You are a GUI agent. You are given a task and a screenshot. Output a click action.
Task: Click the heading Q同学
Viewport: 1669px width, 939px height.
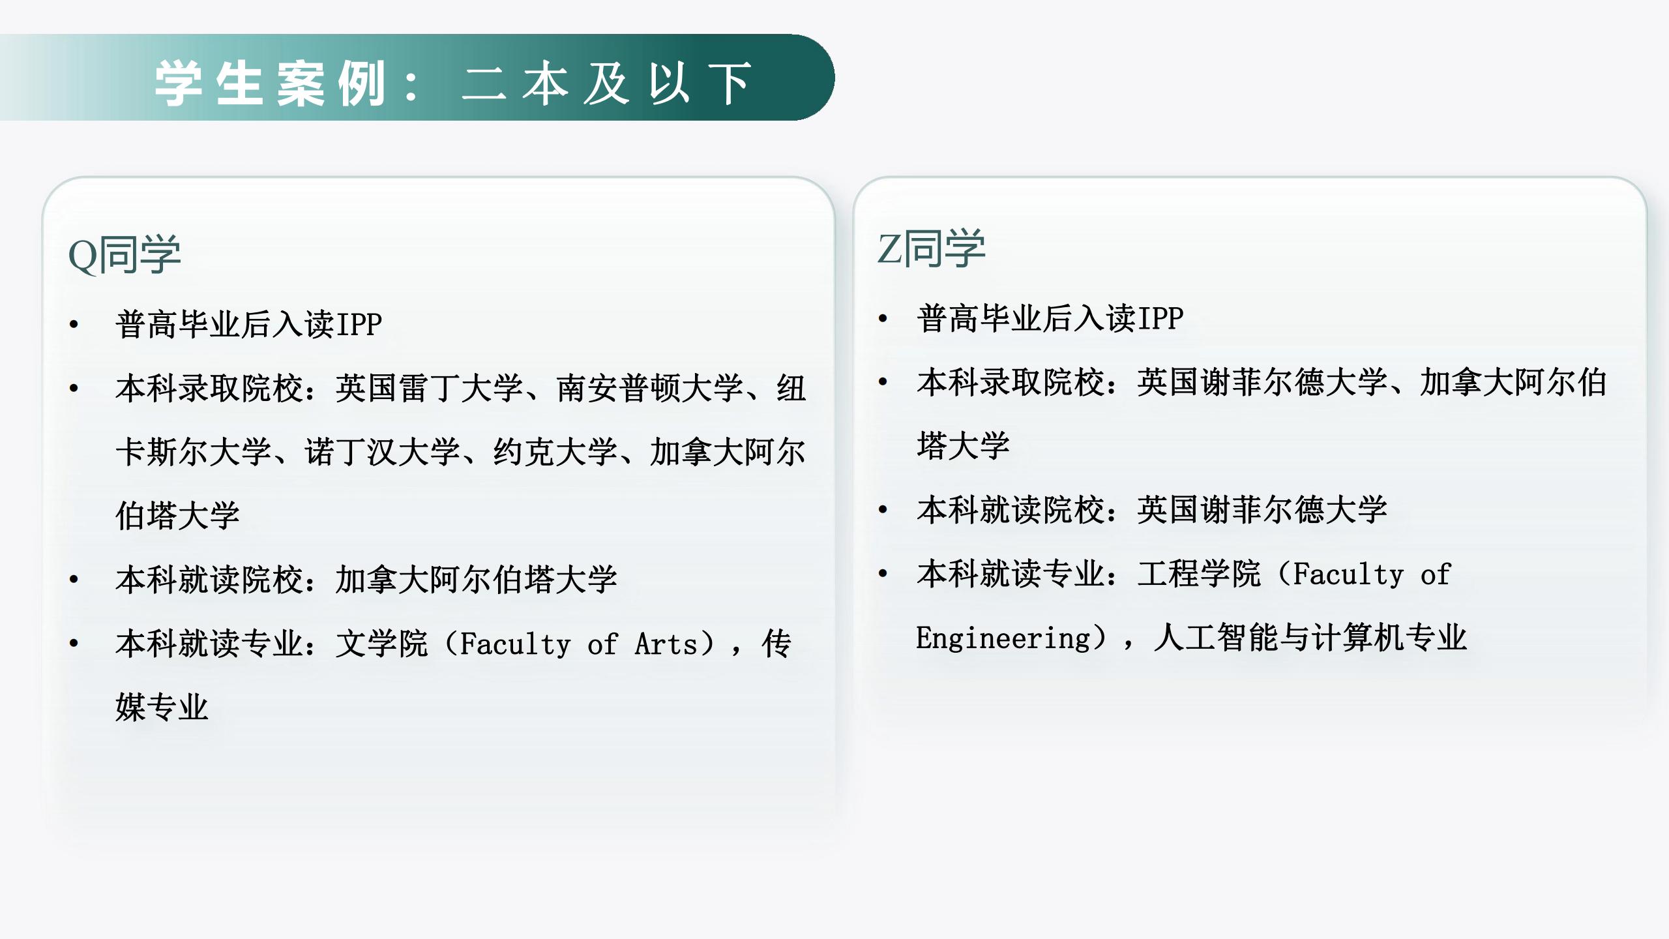[x=125, y=254]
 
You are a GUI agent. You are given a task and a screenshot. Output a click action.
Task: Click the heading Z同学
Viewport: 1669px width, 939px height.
[x=931, y=248]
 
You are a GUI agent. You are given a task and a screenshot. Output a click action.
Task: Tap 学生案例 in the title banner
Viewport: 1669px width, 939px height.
[x=271, y=83]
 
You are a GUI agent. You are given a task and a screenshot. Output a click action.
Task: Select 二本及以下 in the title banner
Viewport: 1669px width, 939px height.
[x=607, y=83]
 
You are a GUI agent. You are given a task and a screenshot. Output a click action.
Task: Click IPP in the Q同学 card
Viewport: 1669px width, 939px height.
[x=358, y=324]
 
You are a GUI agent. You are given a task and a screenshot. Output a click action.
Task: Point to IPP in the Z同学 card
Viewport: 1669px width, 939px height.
[x=1159, y=318]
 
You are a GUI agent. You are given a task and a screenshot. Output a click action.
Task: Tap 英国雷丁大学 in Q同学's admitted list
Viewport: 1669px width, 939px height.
[x=429, y=388]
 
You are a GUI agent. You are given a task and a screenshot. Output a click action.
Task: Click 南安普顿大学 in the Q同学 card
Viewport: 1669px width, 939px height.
[x=649, y=388]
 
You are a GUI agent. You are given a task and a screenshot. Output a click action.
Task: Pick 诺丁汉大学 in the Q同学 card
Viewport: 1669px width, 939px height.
[x=382, y=451]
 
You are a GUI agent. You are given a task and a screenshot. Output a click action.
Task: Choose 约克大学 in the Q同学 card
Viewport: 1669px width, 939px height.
[x=555, y=451]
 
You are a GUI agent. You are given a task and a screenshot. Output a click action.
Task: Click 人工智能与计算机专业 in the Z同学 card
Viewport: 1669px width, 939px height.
[x=1310, y=638]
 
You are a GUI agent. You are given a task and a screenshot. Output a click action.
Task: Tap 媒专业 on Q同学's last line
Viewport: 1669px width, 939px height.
[x=162, y=707]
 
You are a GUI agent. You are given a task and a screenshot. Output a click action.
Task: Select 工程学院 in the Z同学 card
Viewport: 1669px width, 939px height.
[x=1199, y=574]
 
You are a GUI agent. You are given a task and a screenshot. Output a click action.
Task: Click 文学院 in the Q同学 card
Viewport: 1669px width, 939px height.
[x=382, y=644]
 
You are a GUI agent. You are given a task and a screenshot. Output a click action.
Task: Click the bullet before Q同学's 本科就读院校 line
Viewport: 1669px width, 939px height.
[x=74, y=579]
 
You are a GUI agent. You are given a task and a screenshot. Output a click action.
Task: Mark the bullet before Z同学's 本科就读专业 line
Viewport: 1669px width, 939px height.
[x=883, y=574]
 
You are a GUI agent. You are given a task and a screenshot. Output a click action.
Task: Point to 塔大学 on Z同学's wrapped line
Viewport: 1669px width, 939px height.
[x=963, y=445]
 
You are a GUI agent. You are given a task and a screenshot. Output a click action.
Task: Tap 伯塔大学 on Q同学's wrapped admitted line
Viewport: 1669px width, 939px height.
[x=177, y=515]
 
